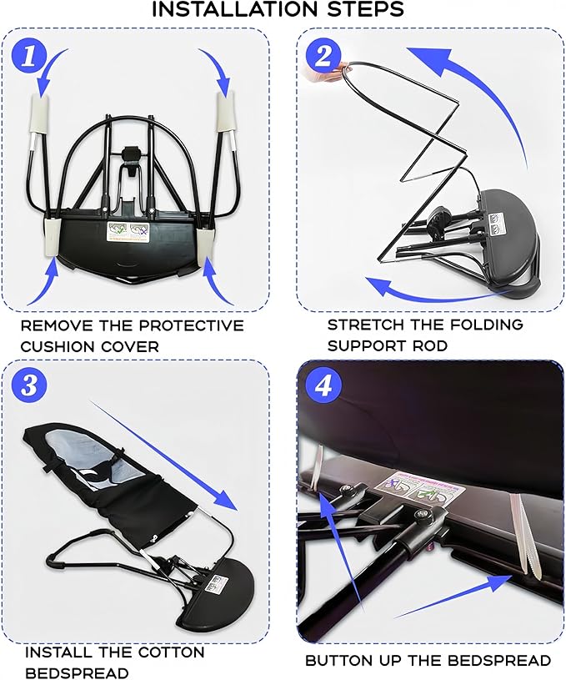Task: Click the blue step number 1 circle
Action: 29,56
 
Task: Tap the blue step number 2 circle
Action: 323,57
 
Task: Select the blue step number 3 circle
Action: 29,385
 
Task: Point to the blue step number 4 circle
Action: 323,385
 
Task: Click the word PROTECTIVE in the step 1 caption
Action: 193,325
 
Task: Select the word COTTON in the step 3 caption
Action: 171,652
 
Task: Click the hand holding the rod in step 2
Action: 326,73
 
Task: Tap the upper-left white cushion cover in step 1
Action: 39,114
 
